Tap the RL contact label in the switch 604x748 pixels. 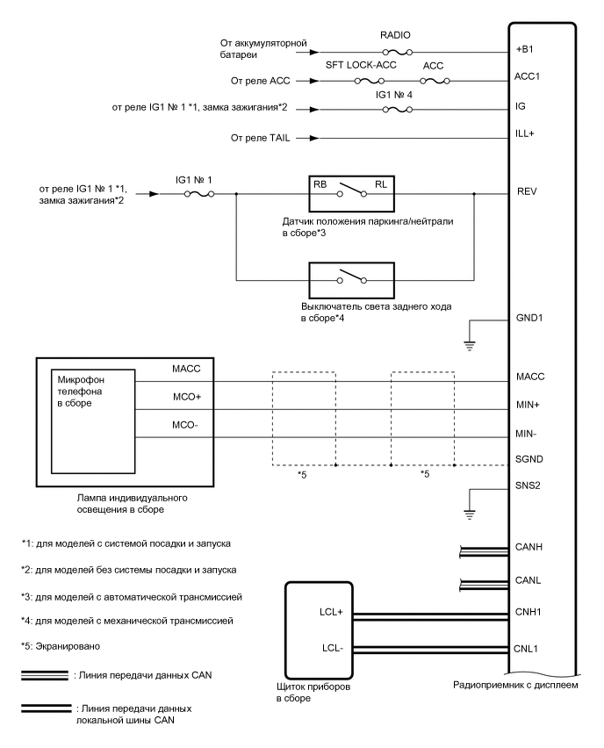click(379, 185)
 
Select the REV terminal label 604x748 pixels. click(527, 191)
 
